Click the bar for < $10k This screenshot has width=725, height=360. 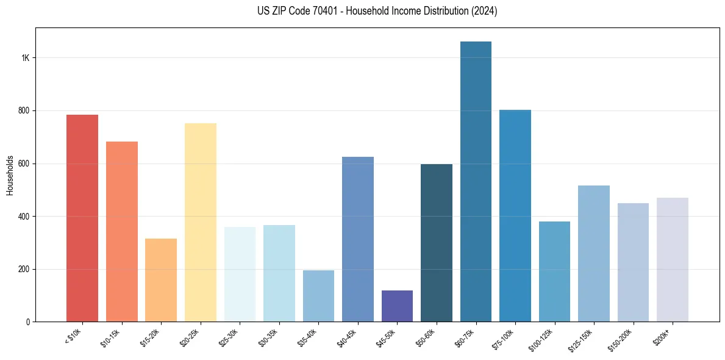pyautogui.click(x=82, y=218)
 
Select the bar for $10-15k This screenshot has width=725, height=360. pyautogui.click(x=122, y=232)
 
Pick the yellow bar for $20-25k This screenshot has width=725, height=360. pyautogui.click(x=201, y=223)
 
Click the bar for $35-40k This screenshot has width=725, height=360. pyautogui.click(x=318, y=296)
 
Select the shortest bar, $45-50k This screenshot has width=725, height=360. pyautogui.click(x=397, y=306)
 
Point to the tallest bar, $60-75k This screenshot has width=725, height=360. pyautogui.click(x=476, y=182)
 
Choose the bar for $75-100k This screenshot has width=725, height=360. pyautogui.click(x=515, y=216)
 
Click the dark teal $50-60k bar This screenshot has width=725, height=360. pyautogui.click(x=437, y=243)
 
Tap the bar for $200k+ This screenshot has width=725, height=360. pyautogui.click(x=673, y=260)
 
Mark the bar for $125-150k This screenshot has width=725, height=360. pyautogui.click(x=594, y=254)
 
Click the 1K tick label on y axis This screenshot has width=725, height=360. pyautogui.click(x=26, y=58)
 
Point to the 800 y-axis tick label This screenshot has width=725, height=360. pyautogui.click(x=24, y=111)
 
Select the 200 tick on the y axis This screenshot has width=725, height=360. pyautogui.click(x=24, y=269)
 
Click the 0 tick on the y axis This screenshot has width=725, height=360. pyautogui.click(x=28, y=322)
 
